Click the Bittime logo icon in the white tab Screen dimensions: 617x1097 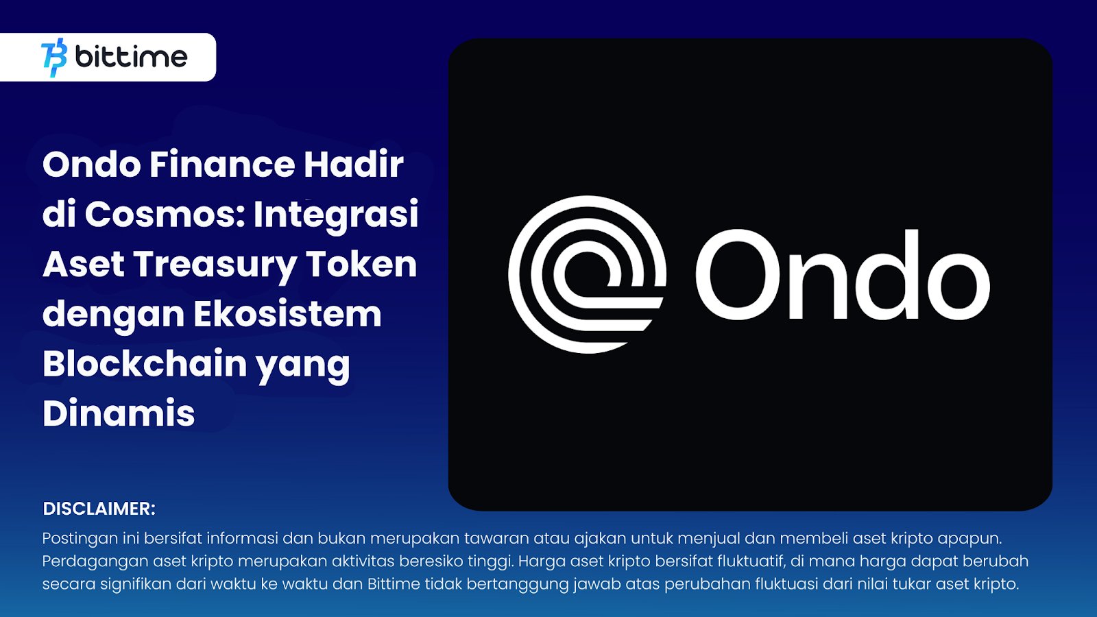click(x=54, y=58)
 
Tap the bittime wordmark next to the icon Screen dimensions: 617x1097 click(x=131, y=56)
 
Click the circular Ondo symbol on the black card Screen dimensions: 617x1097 click(x=587, y=274)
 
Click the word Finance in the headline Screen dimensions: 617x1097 click(x=221, y=165)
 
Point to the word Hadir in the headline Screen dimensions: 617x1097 click(x=353, y=165)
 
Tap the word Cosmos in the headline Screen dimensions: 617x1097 click(x=164, y=215)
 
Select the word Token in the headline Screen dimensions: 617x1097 click(x=361, y=265)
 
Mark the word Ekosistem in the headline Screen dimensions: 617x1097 click(x=287, y=315)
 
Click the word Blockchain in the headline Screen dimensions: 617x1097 click(x=145, y=363)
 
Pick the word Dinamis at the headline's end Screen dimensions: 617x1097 click(x=119, y=413)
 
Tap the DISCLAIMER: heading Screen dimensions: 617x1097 click(x=99, y=509)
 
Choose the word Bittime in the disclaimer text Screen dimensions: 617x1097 click(x=394, y=584)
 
